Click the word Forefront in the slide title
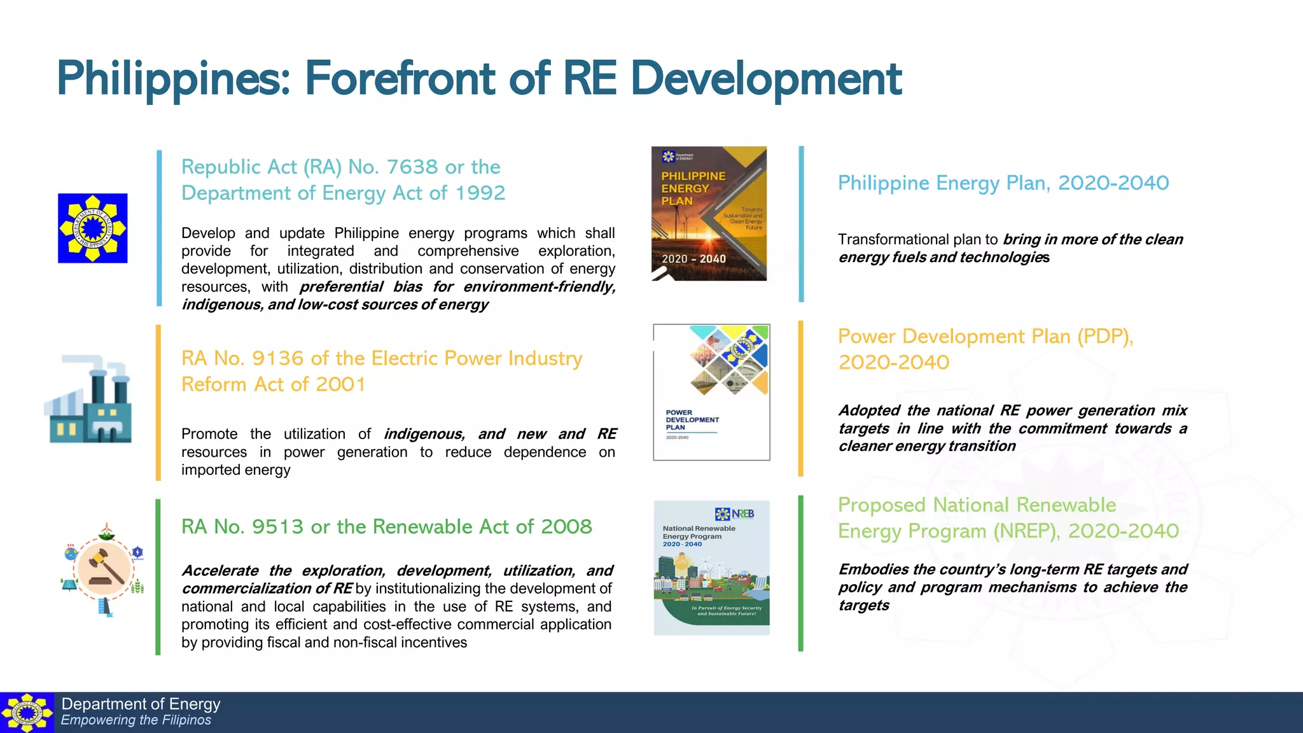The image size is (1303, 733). (x=400, y=79)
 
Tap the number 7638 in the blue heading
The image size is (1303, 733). (x=412, y=167)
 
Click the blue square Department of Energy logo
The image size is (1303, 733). (x=93, y=228)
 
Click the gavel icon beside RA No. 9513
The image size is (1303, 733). (x=104, y=568)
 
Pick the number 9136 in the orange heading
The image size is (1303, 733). (x=277, y=359)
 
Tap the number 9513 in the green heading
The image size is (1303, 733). (x=277, y=527)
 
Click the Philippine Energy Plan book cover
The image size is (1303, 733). (x=709, y=214)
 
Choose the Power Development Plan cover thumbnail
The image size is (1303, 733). (x=711, y=392)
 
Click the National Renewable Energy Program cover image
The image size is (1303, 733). (x=711, y=568)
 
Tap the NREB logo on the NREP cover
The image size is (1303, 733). (x=735, y=513)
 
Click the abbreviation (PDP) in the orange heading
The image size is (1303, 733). (x=1105, y=337)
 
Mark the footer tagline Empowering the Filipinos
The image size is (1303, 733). (x=136, y=720)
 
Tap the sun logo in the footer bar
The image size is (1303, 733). (x=27, y=713)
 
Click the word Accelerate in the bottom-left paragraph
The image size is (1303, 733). (x=220, y=571)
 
